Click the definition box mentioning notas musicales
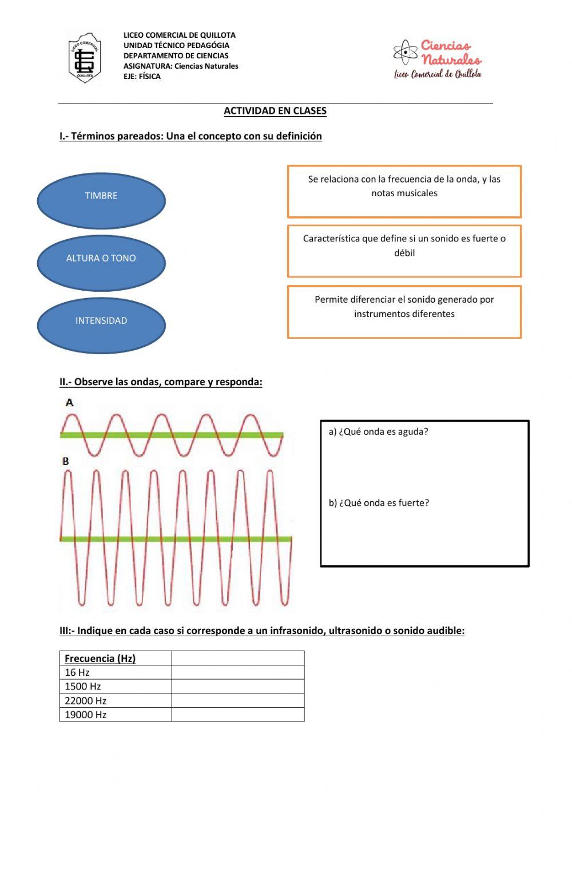pyautogui.click(x=404, y=191)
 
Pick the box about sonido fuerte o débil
pyautogui.click(x=404, y=251)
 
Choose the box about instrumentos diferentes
pyautogui.click(x=404, y=312)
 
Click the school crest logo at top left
pyautogui.click(x=85, y=58)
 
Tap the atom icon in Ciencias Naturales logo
pyautogui.click(x=406, y=53)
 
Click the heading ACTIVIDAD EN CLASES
pyautogui.click(x=275, y=111)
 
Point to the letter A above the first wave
pyautogui.click(x=70, y=403)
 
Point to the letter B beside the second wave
pyautogui.click(x=66, y=461)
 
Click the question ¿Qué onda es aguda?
pyautogui.click(x=378, y=432)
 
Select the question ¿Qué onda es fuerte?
pyautogui.click(x=379, y=503)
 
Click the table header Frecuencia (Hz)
pyautogui.click(x=100, y=659)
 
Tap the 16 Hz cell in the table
pyautogui.click(x=77, y=673)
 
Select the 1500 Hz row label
pyautogui.click(x=83, y=687)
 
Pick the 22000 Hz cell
pyautogui.click(x=86, y=701)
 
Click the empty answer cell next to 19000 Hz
pyautogui.click(x=237, y=715)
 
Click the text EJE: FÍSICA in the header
pyautogui.click(x=142, y=77)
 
